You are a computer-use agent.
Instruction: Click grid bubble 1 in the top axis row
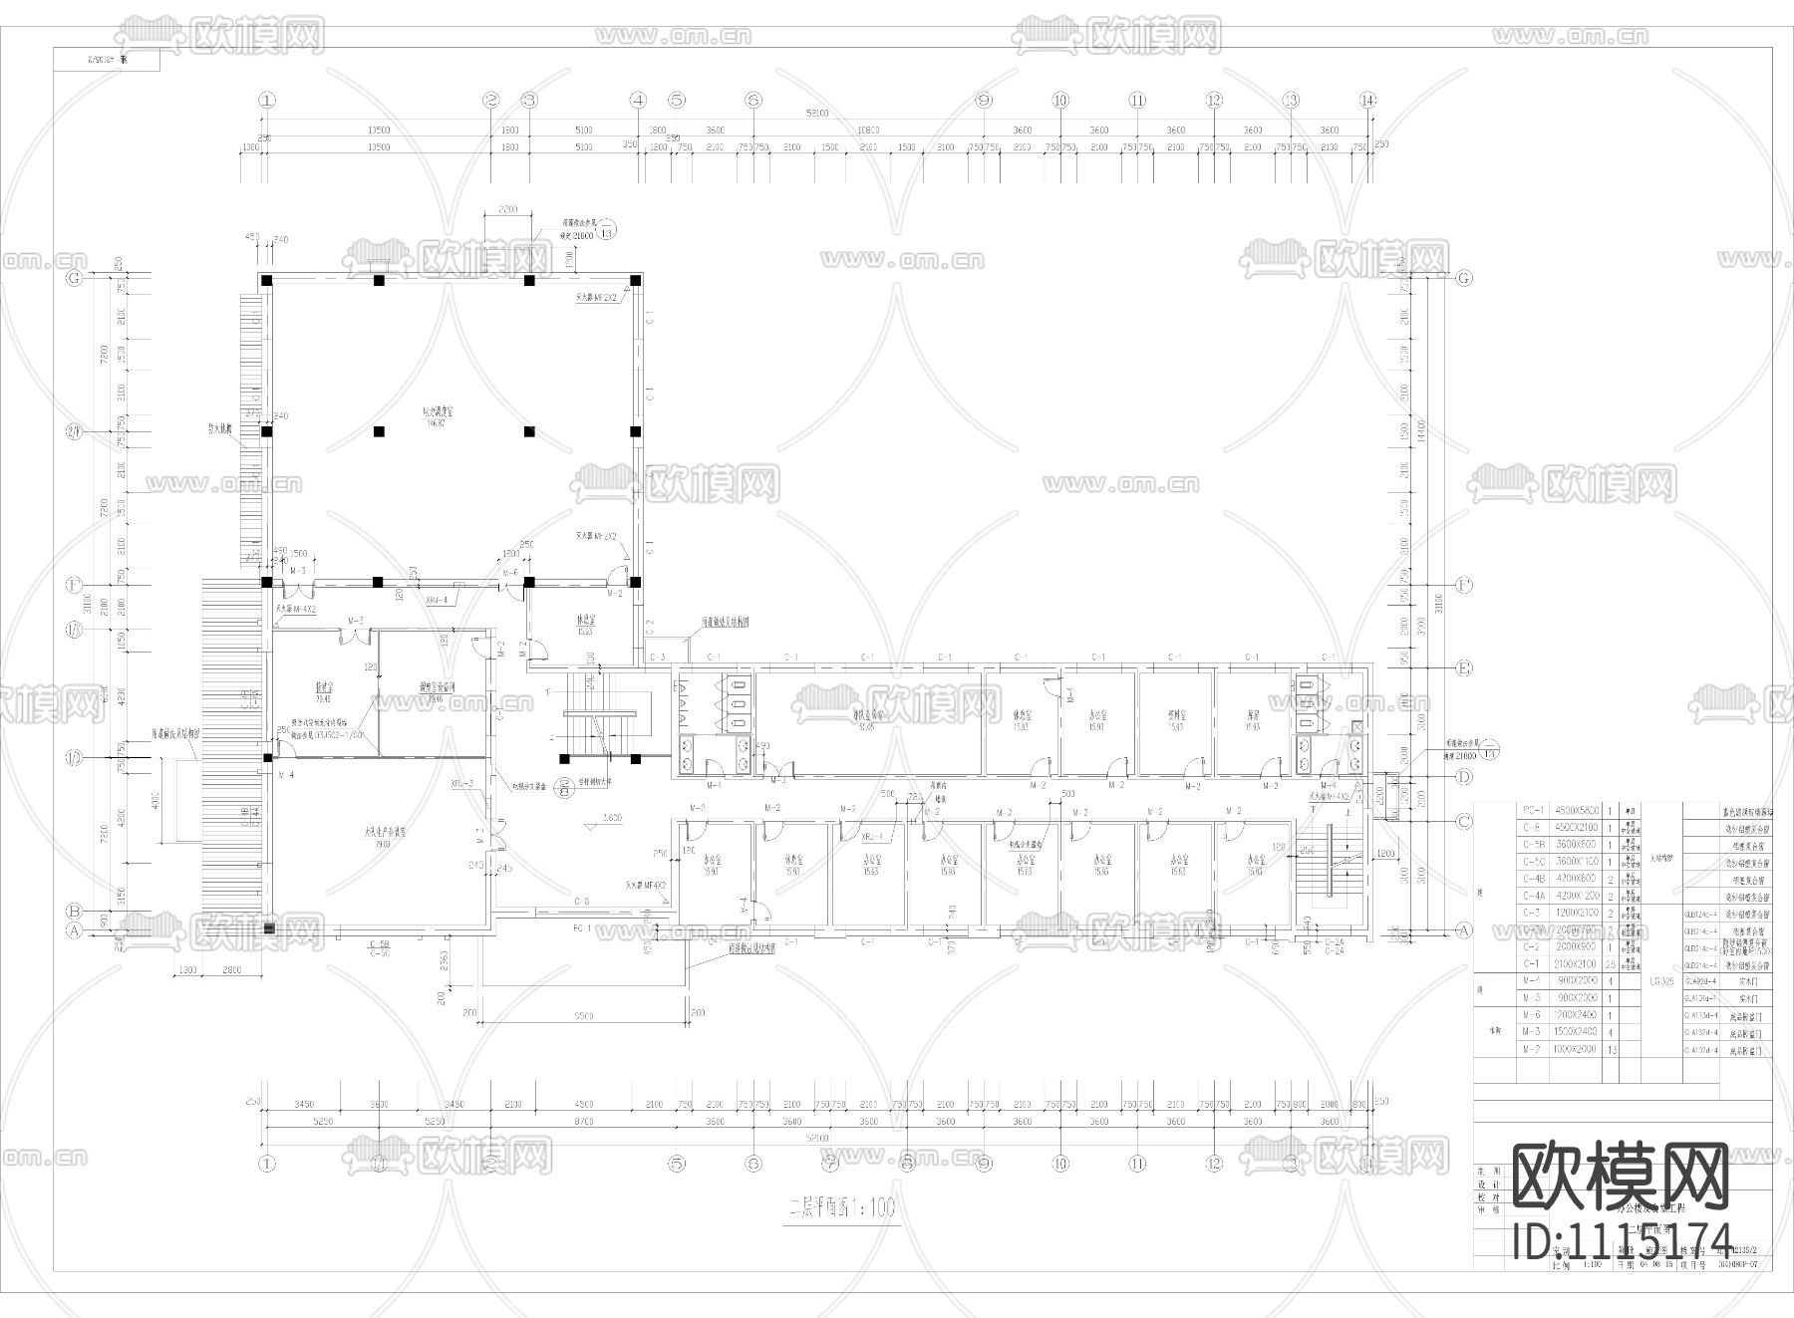point(266,100)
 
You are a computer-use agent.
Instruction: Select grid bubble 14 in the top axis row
point(1368,100)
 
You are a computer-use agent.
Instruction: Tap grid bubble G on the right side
point(1463,278)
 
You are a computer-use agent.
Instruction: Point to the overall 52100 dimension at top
point(817,114)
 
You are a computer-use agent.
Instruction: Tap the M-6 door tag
point(510,573)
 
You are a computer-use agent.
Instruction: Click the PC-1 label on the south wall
point(583,927)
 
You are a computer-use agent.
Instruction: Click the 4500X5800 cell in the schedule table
point(1574,811)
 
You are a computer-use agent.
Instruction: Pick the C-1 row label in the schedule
point(1532,964)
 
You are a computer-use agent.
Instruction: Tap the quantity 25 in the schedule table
point(1611,964)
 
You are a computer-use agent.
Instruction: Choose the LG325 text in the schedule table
point(1661,981)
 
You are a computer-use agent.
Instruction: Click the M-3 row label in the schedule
point(1532,1031)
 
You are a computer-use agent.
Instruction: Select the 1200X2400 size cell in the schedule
point(1574,1014)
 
